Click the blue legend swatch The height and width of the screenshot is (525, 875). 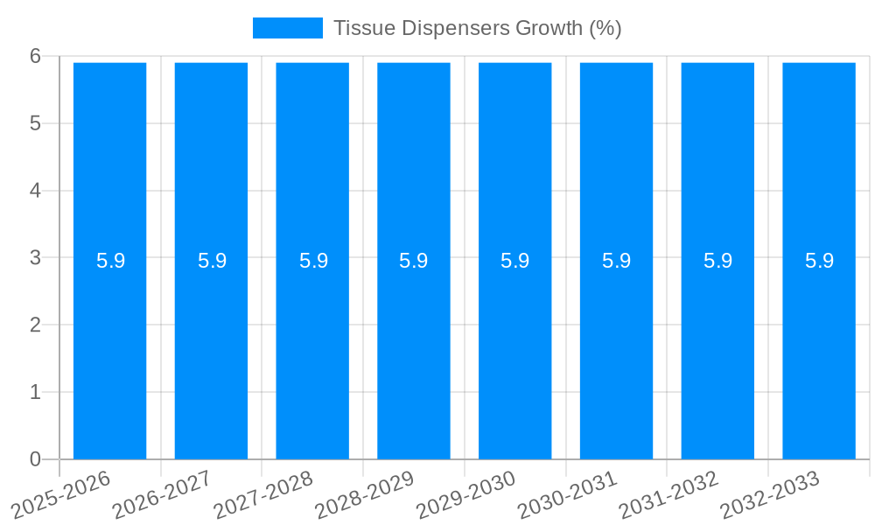(x=287, y=28)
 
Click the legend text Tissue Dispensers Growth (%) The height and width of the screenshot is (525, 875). (x=477, y=28)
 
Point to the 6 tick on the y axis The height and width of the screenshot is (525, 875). (x=35, y=56)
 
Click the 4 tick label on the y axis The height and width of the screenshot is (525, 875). (x=35, y=191)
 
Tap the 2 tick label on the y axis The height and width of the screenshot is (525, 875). (x=35, y=325)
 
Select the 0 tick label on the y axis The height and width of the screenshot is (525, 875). (x=35, y=459)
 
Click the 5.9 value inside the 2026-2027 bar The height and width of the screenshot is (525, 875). (x=212, y=261)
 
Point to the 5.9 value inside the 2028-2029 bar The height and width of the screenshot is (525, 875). (x=413, y=261)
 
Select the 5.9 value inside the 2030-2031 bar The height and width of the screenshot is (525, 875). (x=616, y=261)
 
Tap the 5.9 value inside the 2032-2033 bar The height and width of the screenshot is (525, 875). (x=819, y=261)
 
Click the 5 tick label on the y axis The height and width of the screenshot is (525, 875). (x=35, y=123)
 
